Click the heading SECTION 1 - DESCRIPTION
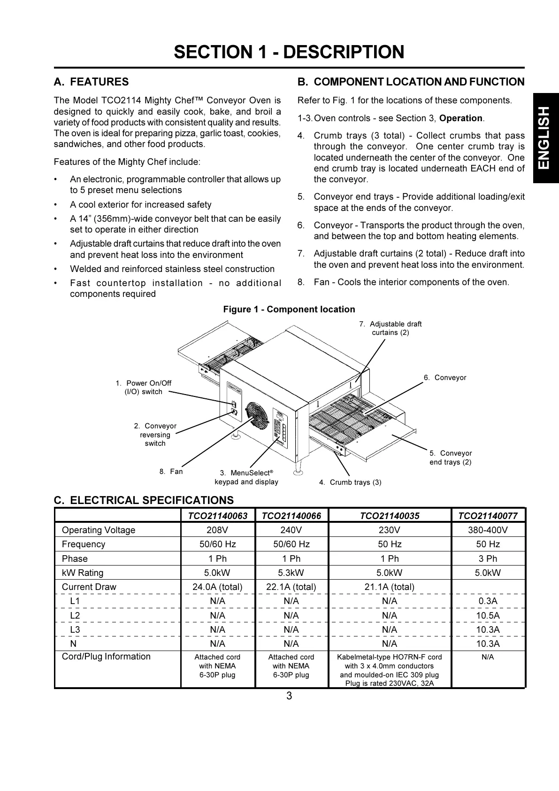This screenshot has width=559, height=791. coord(289,52)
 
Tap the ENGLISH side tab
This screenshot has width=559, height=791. coord(544,138)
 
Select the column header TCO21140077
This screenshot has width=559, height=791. coord(488,516)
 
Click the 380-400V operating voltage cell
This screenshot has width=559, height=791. coord(488,530)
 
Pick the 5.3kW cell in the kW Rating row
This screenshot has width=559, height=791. coord(291,573)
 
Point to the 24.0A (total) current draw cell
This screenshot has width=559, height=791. coord(217,587)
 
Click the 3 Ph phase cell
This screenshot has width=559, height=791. coord(488,558)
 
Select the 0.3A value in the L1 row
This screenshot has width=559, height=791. coord(488,601)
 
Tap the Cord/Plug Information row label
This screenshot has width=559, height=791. coord(106,657)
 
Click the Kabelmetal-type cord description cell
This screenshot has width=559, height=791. coord(389,670)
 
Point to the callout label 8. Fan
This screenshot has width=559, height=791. coord(171,472)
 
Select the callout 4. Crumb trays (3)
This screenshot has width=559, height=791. coord(350,482)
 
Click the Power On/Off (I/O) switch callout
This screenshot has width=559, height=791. coord(144,388)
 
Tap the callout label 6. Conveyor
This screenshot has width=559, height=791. coord(445,378)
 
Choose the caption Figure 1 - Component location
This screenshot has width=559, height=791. coord(289,310)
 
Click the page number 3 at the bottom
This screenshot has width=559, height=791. coord(289,696)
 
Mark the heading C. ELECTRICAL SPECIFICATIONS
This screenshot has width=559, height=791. coord(144,500)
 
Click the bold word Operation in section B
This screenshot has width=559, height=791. coord(460,118)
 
